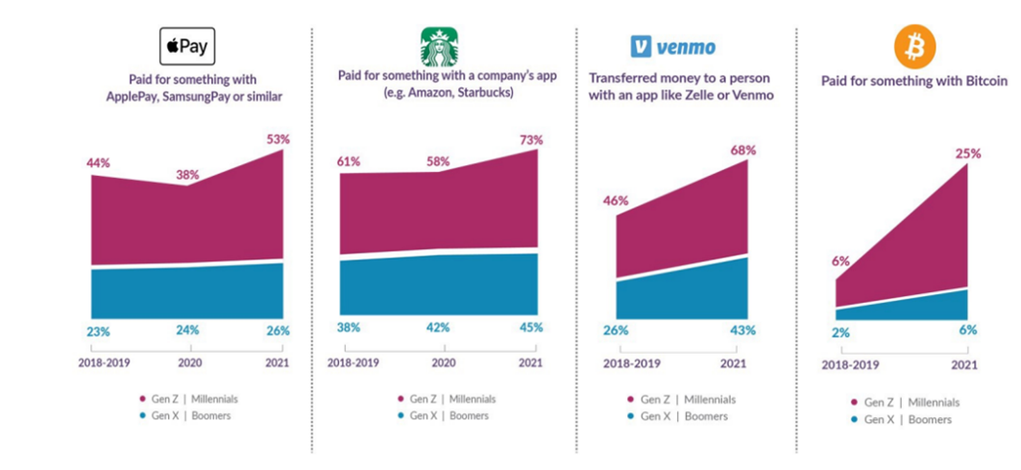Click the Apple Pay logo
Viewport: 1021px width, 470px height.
coord(187,46)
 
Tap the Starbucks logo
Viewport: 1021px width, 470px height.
coord(439,46)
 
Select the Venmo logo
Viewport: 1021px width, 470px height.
coord(673,46)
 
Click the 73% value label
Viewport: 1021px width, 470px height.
coord(530,140)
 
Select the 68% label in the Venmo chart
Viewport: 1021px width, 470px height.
coord(743,150)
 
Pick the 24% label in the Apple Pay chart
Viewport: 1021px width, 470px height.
coord(186,330)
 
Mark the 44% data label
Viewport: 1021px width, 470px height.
coord(97,163)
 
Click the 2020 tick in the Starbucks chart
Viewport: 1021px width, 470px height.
coord(443,363)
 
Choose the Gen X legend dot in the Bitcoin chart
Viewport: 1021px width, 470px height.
coord(853,420)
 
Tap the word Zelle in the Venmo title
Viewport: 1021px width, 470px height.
coord(693,95)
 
